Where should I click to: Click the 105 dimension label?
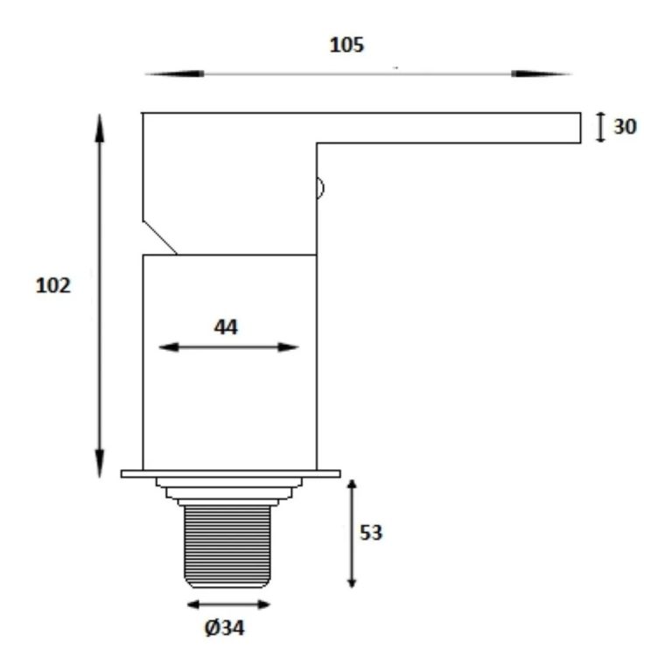pos(346,45)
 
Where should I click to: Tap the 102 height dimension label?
pos(53,285)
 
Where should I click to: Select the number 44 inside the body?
pos(226,327)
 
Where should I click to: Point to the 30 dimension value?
pos(626,126)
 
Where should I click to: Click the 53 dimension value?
pos(371,533)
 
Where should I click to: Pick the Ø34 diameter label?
pos(225,628)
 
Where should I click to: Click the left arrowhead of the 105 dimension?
pos(174,73)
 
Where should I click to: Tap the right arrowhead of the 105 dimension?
pos(542,73)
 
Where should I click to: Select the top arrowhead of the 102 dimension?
pos(100,128)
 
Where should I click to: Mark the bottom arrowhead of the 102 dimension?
pos(100,464)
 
